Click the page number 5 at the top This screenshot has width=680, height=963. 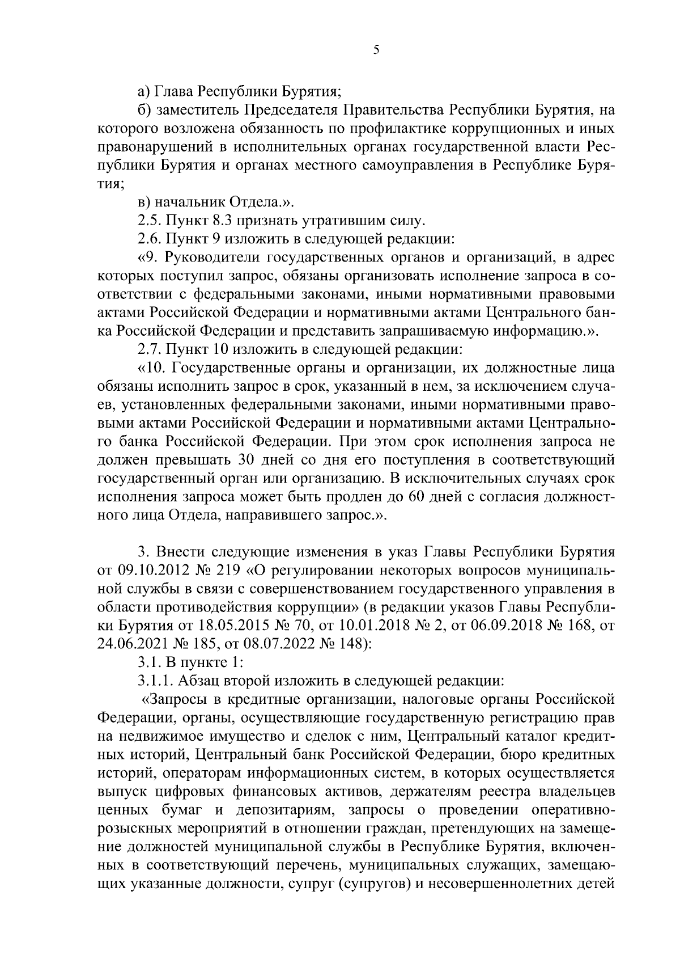coord(376,50)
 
